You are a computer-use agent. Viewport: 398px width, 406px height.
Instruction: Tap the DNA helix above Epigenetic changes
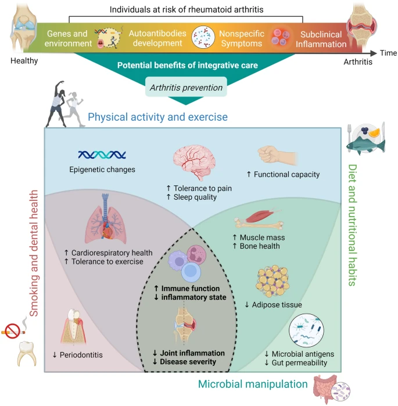coord(102,155)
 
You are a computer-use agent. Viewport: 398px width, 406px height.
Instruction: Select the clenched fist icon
coord(277,155)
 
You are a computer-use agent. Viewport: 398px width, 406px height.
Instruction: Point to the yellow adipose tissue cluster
coord(272,281)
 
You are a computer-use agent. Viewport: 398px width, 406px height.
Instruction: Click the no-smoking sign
coord(12,330)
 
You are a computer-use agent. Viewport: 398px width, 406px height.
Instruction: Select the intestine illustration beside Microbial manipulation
coord(325,389)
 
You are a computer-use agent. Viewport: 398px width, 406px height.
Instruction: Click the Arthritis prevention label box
coord(186,87)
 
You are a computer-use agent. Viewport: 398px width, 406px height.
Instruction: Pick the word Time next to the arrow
coord(388,53)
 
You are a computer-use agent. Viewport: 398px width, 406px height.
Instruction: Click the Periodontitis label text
coord(81,355)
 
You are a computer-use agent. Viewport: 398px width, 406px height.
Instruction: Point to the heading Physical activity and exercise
coord(157,117)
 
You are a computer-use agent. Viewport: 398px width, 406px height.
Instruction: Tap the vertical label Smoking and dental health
coord(34,253)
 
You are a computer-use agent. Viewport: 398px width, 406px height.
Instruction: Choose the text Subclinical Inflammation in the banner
coord(321,39)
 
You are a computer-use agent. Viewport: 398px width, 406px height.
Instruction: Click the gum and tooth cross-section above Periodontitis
coord(74,326)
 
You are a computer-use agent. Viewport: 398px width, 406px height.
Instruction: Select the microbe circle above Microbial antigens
coord(306,330)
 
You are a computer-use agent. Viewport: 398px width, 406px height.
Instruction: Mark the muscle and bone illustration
coord(259,220)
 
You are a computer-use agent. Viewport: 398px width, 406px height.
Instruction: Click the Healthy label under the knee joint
coord(24,60)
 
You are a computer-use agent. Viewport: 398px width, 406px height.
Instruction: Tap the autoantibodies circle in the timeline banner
coord(203,37)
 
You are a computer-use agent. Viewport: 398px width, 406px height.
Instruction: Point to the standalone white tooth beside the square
coord(26,354)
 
